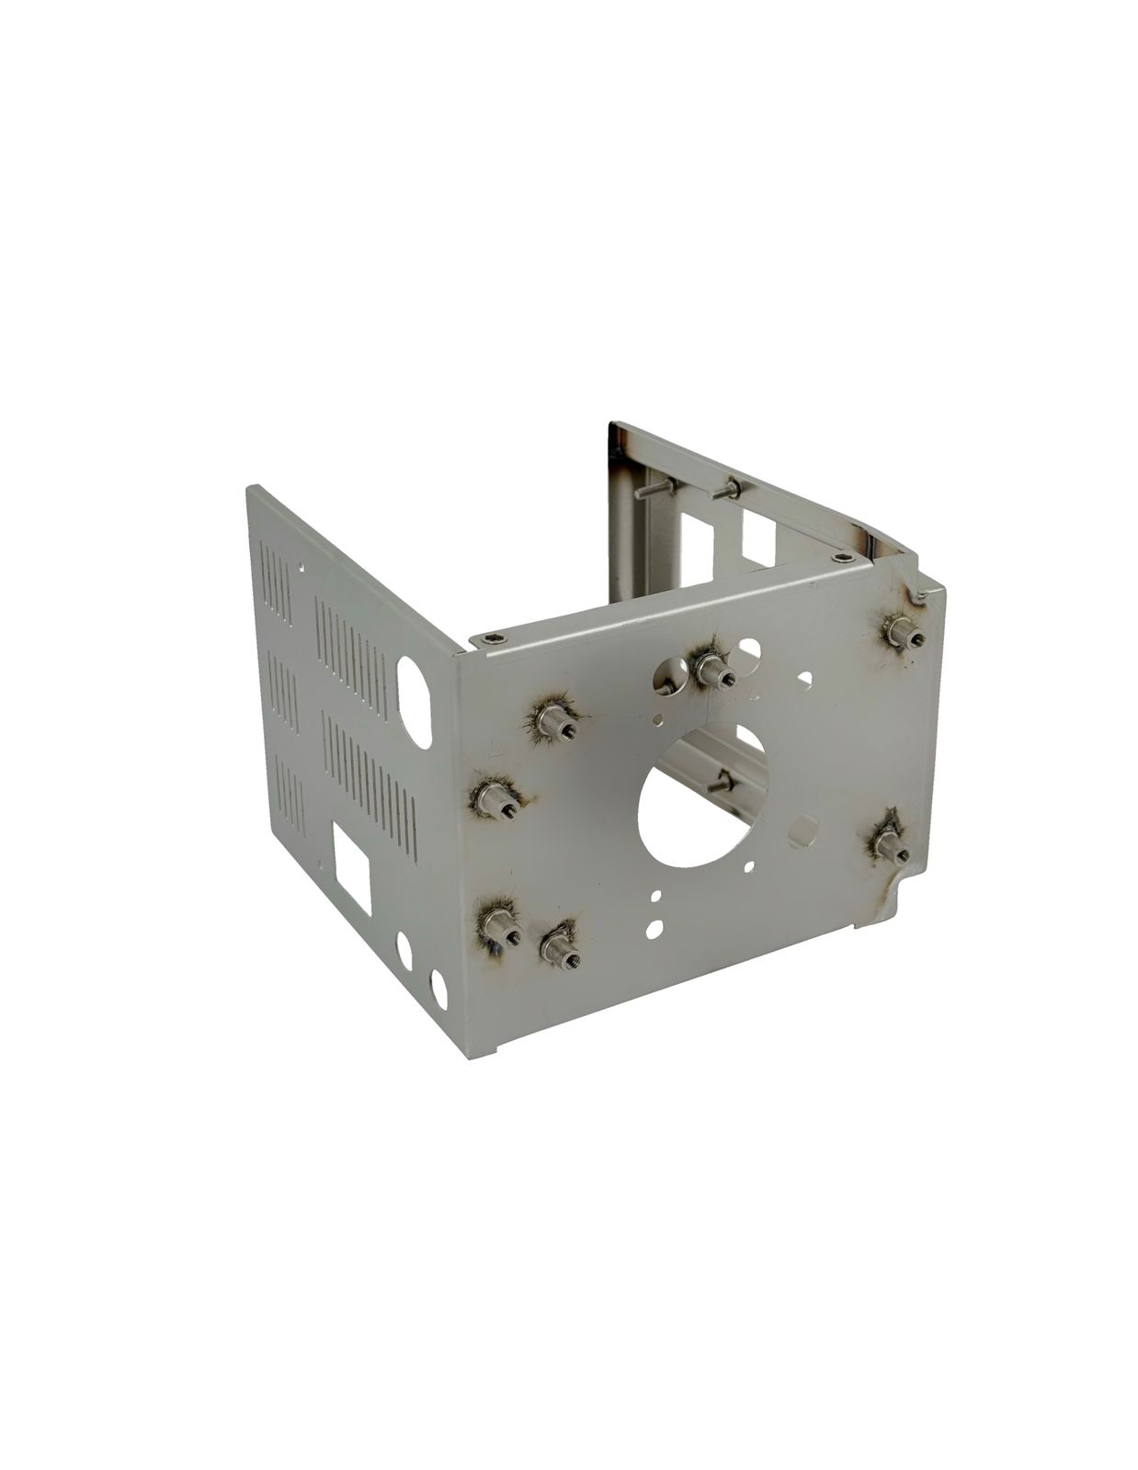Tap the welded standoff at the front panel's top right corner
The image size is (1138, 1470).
tap(902, 632)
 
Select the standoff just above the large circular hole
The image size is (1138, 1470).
tap(712, 669)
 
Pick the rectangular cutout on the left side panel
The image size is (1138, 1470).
tap(351, 862)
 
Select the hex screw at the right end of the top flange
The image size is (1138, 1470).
tap(844, 557)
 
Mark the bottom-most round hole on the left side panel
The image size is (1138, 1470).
tap(438, 989)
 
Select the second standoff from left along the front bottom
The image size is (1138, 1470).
tap(560, 944)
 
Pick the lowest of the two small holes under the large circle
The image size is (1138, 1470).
tap(654, 930)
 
